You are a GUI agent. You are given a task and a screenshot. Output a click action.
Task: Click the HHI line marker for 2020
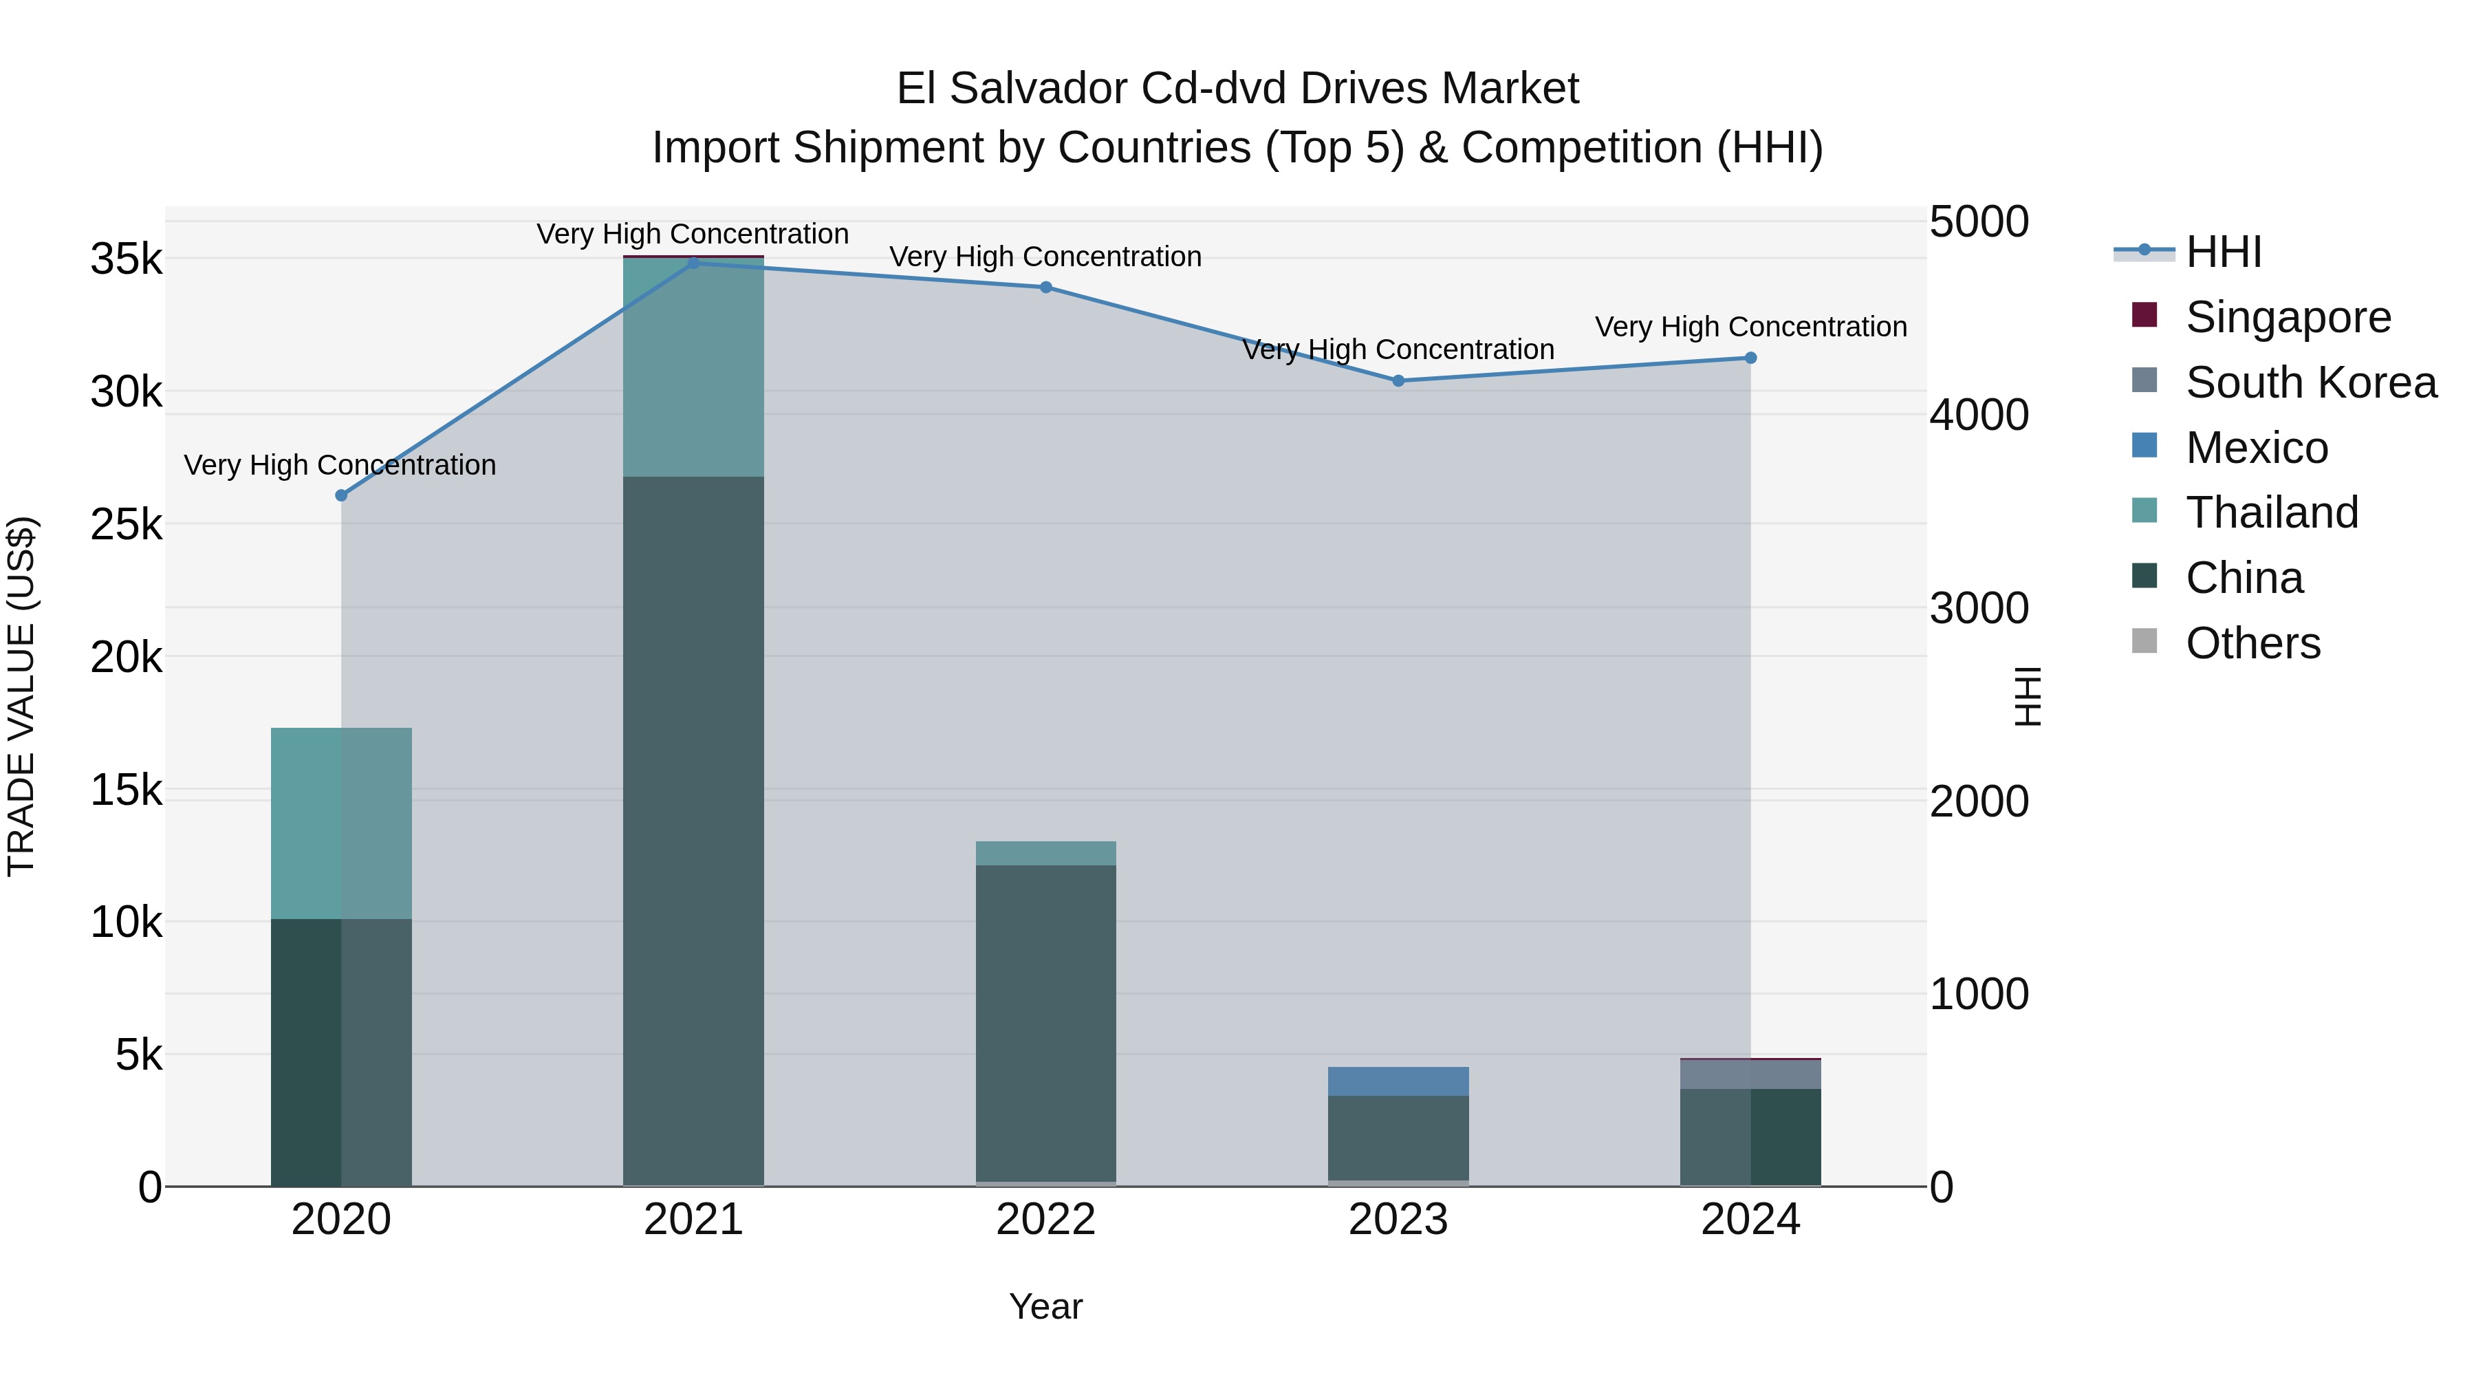pos(341,496)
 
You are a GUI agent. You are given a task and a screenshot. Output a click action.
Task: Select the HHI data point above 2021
pos(693,263)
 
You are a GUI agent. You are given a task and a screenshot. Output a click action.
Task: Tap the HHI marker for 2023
pos(1398,380)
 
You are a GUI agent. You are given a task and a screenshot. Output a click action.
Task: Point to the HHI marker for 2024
pos(1750,358)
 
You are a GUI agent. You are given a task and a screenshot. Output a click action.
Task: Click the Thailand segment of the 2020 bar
pos(341,824)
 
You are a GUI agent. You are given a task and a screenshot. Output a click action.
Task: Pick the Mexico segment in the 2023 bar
pos(1398,1081)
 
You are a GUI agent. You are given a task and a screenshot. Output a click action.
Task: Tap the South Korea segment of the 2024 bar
pos(1750,1075)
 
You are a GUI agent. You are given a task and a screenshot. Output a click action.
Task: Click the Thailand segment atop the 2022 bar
pos(1045,854)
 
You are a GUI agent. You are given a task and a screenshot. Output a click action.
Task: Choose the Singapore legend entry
pos(2288,317)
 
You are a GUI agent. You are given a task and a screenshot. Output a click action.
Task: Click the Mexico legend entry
pos(2256,448)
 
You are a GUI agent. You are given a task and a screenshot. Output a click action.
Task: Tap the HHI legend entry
pos(2223,252)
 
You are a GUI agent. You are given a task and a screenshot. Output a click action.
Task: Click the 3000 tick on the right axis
pos(1979,609)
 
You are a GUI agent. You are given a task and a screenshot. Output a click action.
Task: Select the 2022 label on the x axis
pos(1045,1220)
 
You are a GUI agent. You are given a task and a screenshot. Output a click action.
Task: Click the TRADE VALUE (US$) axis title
pos(21,696)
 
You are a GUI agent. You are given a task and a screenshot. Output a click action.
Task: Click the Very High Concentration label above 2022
pos(1045,257)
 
